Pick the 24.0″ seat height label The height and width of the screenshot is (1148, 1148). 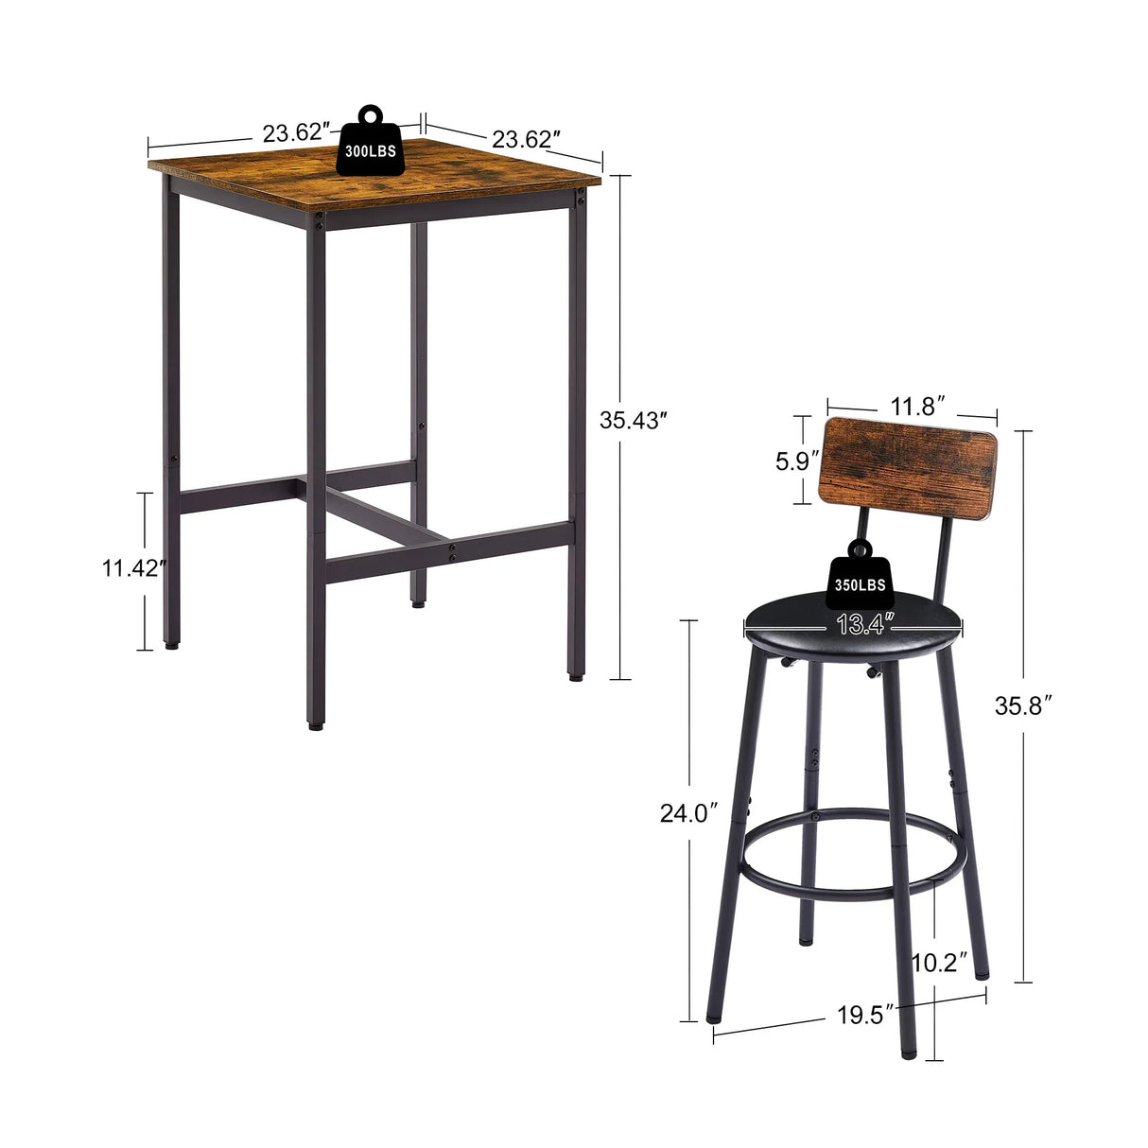pyautogui.click(x=689, y=812)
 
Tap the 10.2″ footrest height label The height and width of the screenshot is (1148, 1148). pyautogui.click(x=939, y=963)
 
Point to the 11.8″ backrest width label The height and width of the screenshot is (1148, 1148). pyautogui.click(x=912, y=408)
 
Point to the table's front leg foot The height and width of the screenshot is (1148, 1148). pyautogui.click(x=314, y=725)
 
